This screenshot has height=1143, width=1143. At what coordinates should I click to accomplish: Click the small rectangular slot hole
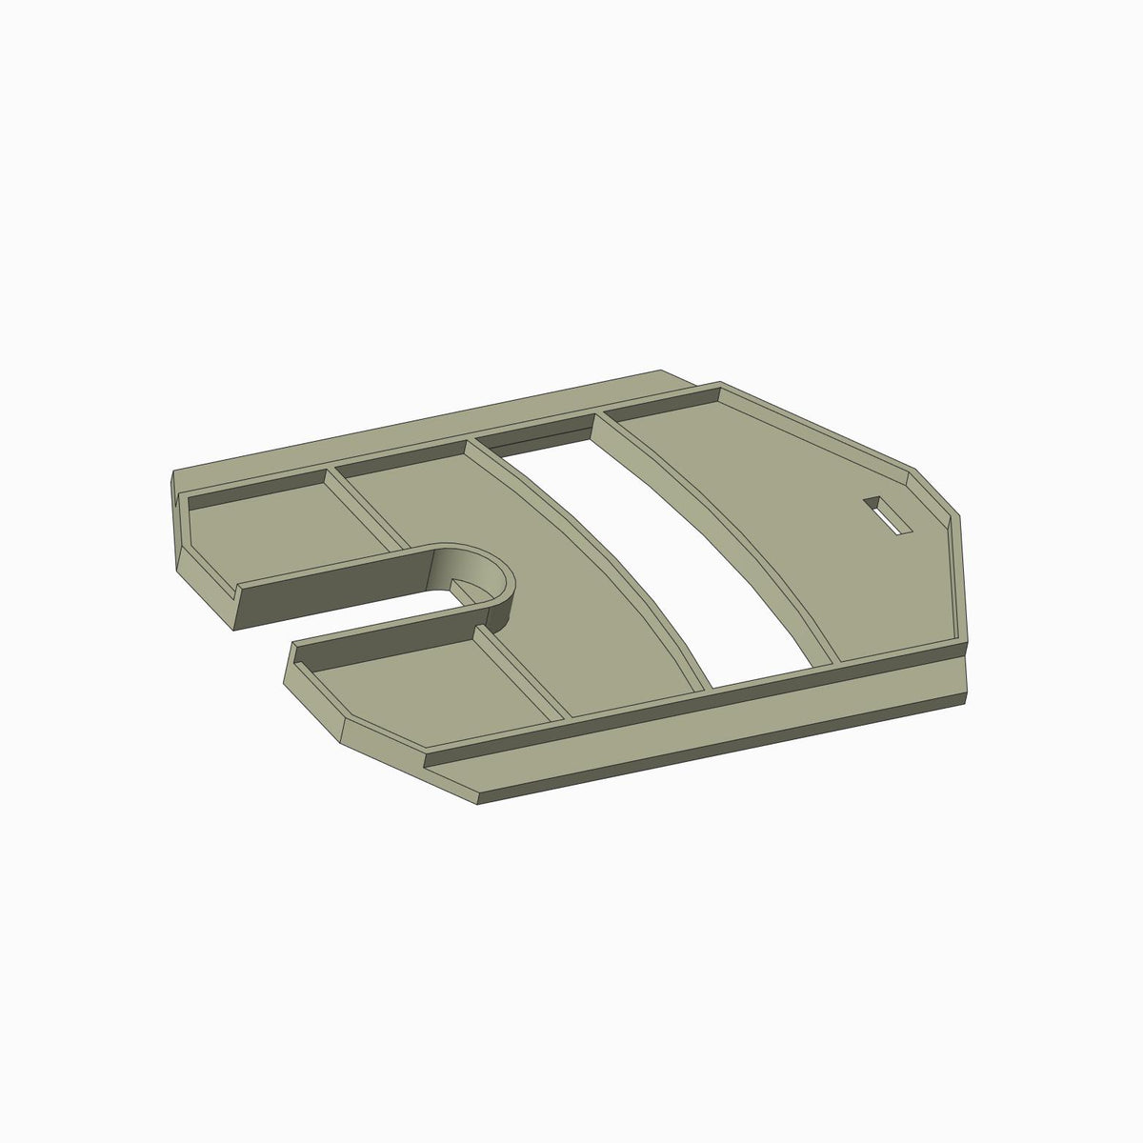point(887,515)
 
